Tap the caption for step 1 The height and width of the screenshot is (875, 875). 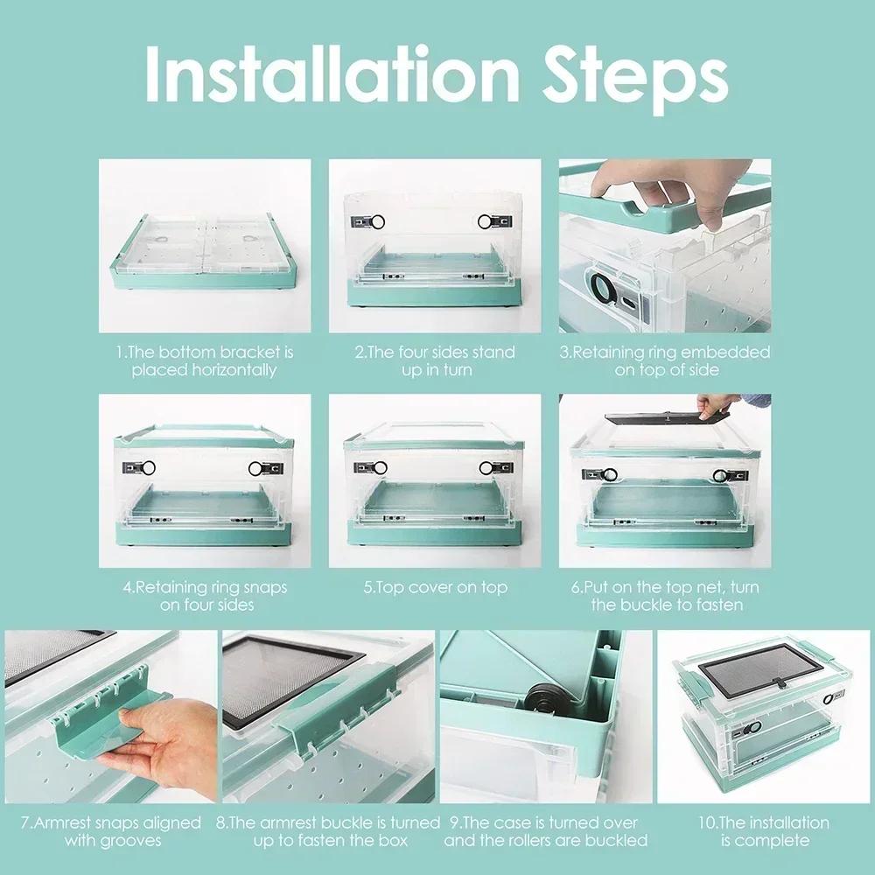pos(204,360)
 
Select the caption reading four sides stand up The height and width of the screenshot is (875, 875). pos(434,360)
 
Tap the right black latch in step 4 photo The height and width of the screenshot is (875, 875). pos(260,467)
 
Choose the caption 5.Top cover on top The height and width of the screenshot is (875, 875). pos(435,587)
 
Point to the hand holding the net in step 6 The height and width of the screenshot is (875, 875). pos(717,404)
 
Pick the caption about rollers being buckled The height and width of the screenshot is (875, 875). pos(545,830)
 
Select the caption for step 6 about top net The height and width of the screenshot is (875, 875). pos(667,595)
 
